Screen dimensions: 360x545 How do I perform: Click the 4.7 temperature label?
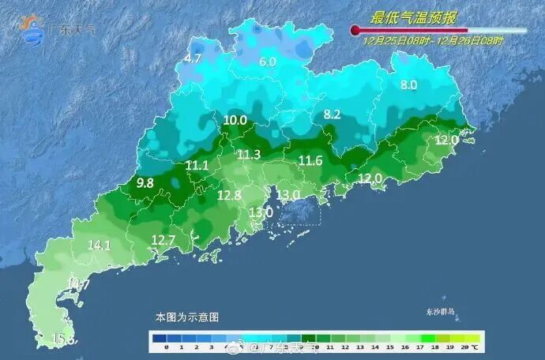194,58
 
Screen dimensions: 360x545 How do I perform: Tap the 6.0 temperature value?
268,62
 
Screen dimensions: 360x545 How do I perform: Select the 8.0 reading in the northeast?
408,84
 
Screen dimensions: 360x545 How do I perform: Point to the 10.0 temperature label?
235,120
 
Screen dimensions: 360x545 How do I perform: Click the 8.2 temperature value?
332,114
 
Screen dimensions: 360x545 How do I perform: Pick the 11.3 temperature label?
249,154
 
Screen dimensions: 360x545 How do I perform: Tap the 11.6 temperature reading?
310,161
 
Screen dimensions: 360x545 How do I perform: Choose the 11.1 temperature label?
197,165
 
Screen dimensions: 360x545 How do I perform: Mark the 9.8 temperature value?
145,182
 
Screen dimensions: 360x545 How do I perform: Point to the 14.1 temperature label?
100,246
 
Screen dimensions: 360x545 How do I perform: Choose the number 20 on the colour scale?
464,347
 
